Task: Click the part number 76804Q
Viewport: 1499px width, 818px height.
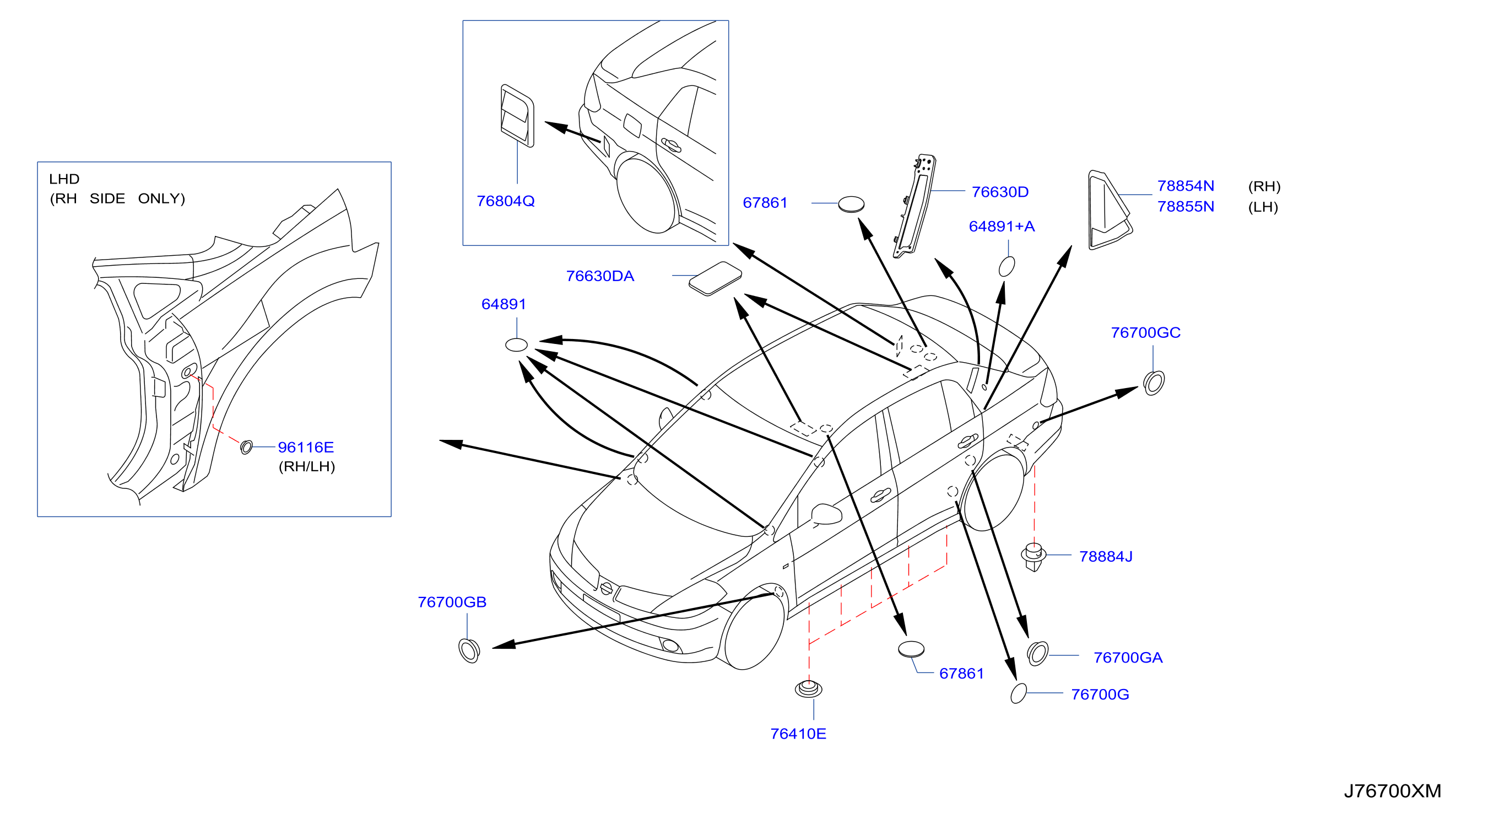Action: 505,201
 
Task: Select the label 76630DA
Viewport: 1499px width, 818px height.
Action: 600,276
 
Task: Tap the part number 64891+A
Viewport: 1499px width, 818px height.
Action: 1002,227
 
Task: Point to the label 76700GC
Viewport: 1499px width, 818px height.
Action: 1145,332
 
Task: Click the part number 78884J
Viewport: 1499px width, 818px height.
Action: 1106,557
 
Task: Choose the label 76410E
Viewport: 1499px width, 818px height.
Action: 798,734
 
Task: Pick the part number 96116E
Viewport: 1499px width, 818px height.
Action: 306,447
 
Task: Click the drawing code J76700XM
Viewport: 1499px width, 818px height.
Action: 1392,790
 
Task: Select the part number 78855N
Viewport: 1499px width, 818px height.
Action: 1186,207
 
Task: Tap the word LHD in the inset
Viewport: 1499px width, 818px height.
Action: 64,179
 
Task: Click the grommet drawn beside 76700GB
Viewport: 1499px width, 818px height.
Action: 468,651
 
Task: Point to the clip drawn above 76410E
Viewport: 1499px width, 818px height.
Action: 808,689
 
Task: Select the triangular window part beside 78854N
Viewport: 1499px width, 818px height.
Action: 1108,211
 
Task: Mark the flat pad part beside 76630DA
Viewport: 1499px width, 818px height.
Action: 715,278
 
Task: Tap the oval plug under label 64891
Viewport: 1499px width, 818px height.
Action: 516,345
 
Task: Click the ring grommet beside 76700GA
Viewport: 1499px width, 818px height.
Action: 1037,653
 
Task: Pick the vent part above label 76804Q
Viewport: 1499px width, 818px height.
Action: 517,116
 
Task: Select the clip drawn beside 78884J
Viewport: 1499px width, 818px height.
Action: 1033,557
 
